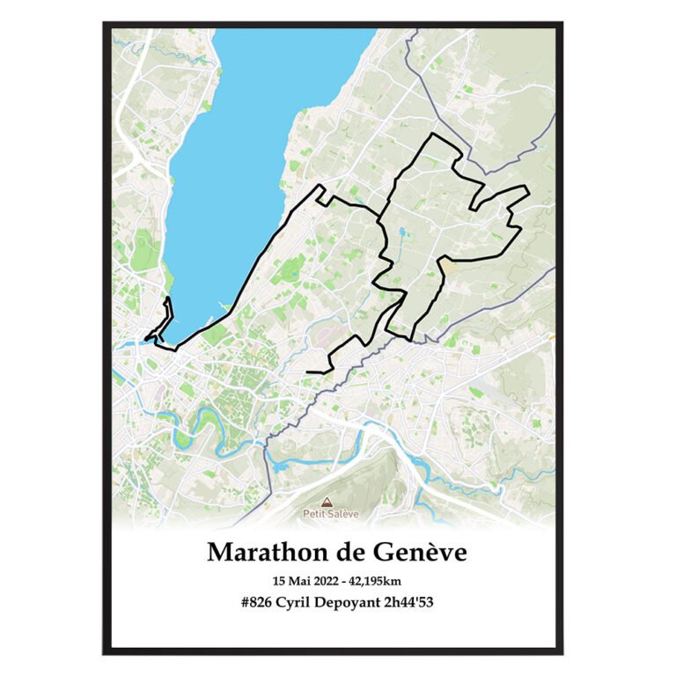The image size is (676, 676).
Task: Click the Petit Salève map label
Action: point(339,512)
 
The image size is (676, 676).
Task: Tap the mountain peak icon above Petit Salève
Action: point(338,502)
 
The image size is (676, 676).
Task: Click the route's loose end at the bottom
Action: point(308,372)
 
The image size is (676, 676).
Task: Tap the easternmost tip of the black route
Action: point(527,187)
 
